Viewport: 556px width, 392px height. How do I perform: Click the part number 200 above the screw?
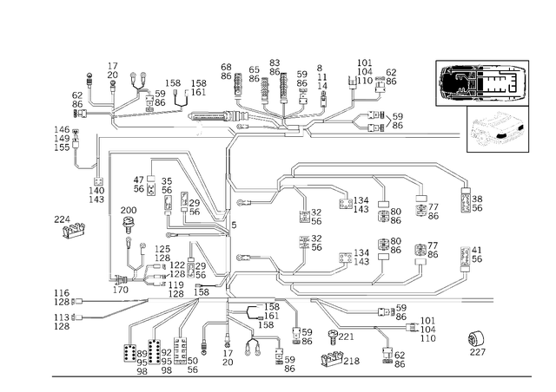click(129, 211)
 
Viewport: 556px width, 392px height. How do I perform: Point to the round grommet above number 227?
click(477, 340)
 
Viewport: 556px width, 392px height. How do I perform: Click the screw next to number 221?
click(333, 336)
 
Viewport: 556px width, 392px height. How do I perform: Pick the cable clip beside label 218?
click(332, 359)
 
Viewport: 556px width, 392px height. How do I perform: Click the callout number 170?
click(121, 290)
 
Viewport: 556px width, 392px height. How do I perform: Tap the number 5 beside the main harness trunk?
click(234, 225)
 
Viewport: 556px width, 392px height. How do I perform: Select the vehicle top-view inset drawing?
click(482, 83)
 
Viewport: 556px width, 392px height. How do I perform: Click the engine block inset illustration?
click(498, 129)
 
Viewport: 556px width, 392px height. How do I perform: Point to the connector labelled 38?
click(466, 200)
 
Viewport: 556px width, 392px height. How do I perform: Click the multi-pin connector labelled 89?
click(129, 353)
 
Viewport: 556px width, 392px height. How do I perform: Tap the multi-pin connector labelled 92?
click(155, 351)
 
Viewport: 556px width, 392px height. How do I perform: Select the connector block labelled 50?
click(180, 350)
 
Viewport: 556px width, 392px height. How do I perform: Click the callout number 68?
click(226, 67)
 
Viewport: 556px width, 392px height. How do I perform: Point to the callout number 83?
click(275, 62)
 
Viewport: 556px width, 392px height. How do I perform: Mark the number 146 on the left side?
click(62, 129)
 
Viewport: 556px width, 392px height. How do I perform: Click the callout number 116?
click(62, 293)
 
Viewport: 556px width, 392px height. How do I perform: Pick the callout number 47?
click(139, 180)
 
